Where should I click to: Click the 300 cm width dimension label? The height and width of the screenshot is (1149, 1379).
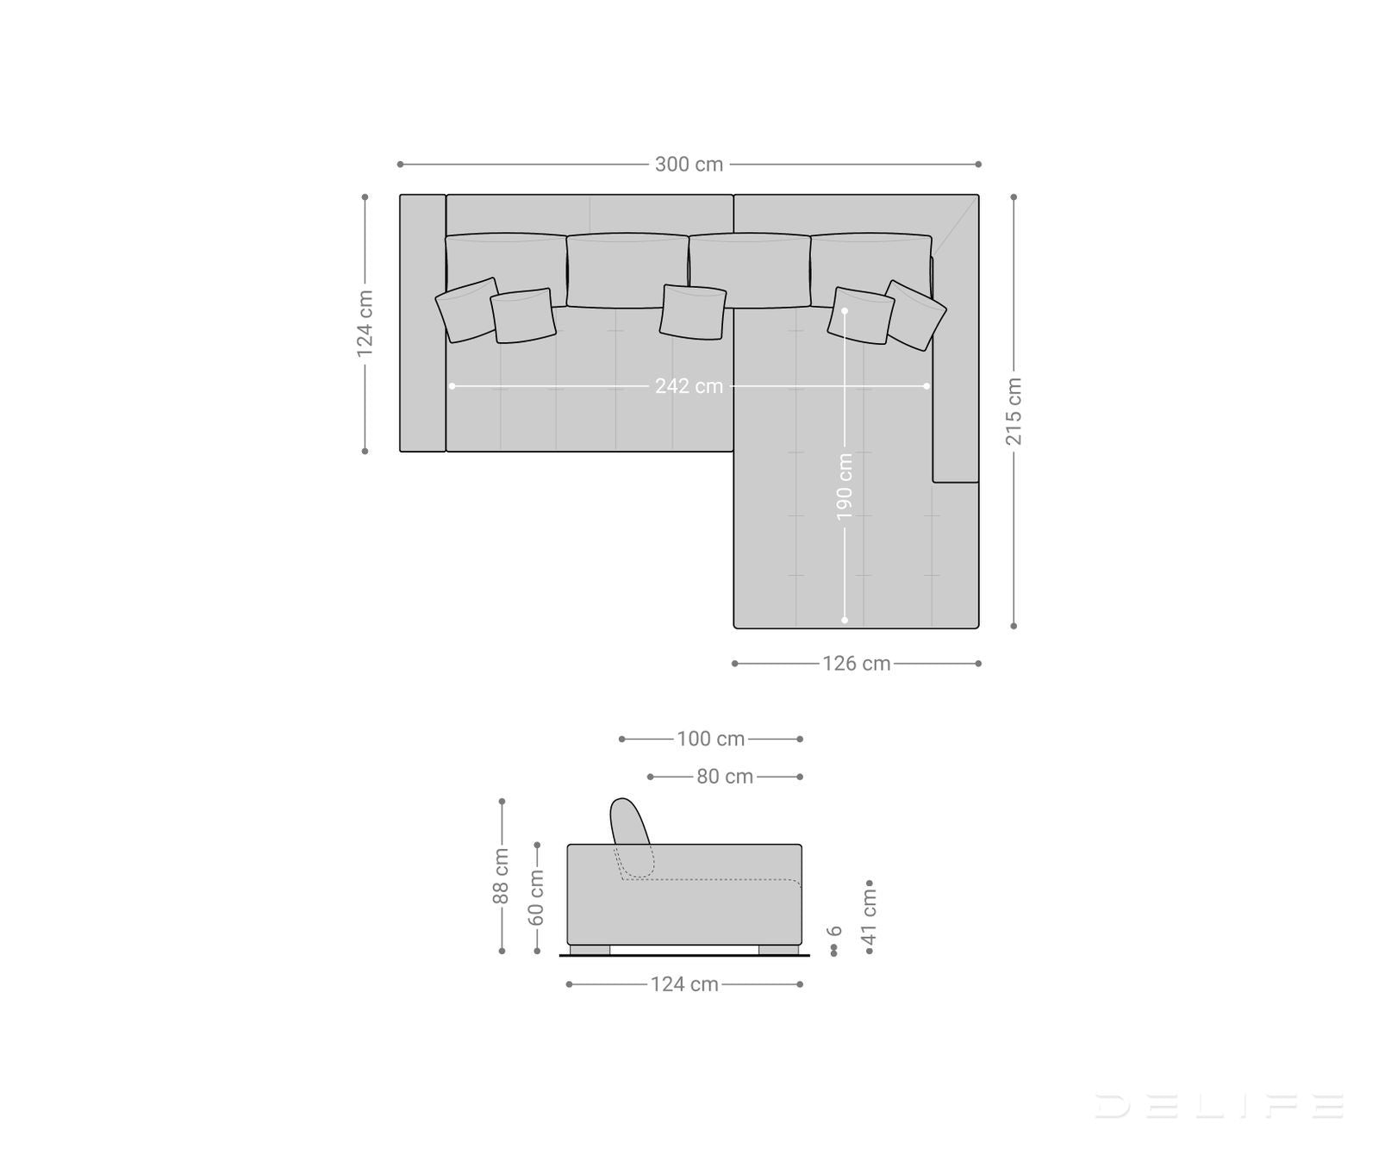(689, 164)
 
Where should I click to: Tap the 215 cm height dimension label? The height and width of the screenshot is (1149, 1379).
(1014, 411)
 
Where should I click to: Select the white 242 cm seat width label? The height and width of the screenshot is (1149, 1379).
(689, 386)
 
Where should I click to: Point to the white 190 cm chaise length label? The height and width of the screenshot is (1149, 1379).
(845, 486)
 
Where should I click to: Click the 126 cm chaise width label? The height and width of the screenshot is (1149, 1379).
(856, 664)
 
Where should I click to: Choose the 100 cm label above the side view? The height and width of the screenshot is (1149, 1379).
(710, 739)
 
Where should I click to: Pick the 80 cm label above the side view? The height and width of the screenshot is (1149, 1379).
(725, 777)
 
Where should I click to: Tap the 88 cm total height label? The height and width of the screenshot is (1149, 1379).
(501, 877)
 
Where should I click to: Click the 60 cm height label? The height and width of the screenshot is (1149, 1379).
(536, 896)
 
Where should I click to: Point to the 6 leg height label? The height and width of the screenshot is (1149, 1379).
(833, 932)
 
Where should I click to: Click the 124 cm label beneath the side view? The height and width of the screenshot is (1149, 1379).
(684, 984)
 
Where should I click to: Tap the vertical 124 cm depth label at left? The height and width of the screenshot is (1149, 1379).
(365, 323)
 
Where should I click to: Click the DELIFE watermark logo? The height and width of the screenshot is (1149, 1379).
(1219, 1105)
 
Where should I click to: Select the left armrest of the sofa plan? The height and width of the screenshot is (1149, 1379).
(422, 323)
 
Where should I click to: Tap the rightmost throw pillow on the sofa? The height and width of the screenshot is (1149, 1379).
(915, 315)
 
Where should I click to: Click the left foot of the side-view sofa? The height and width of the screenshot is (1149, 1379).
(590, 950)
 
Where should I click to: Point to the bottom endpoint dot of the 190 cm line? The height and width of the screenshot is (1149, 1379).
(845, 620)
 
